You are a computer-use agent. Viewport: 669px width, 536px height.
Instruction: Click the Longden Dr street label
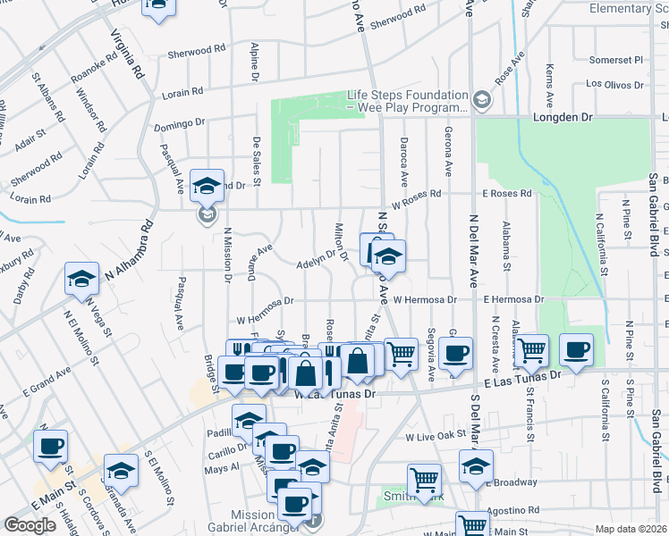coord(563,116)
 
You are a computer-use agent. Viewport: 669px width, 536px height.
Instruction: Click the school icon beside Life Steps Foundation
coord(483,100)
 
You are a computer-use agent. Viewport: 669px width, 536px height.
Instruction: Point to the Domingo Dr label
coord(179,124)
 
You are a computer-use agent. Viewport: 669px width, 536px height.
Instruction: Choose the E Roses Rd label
coord(507,193)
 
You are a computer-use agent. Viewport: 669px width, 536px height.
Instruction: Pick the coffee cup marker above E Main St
coord(50,446)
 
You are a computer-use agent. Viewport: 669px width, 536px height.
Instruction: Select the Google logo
coord(30,525)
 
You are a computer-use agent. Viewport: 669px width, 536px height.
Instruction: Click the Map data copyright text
coord(631,529)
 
